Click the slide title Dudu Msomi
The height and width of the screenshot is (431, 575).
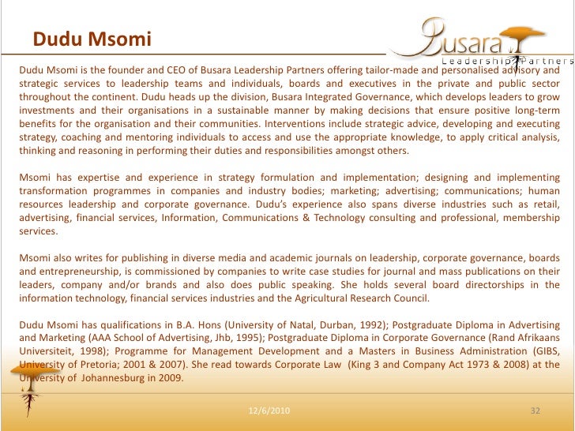[x=92, y=39]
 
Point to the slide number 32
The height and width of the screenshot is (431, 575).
[x=535, y=412]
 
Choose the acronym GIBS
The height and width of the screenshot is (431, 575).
[x=539, y=351]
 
